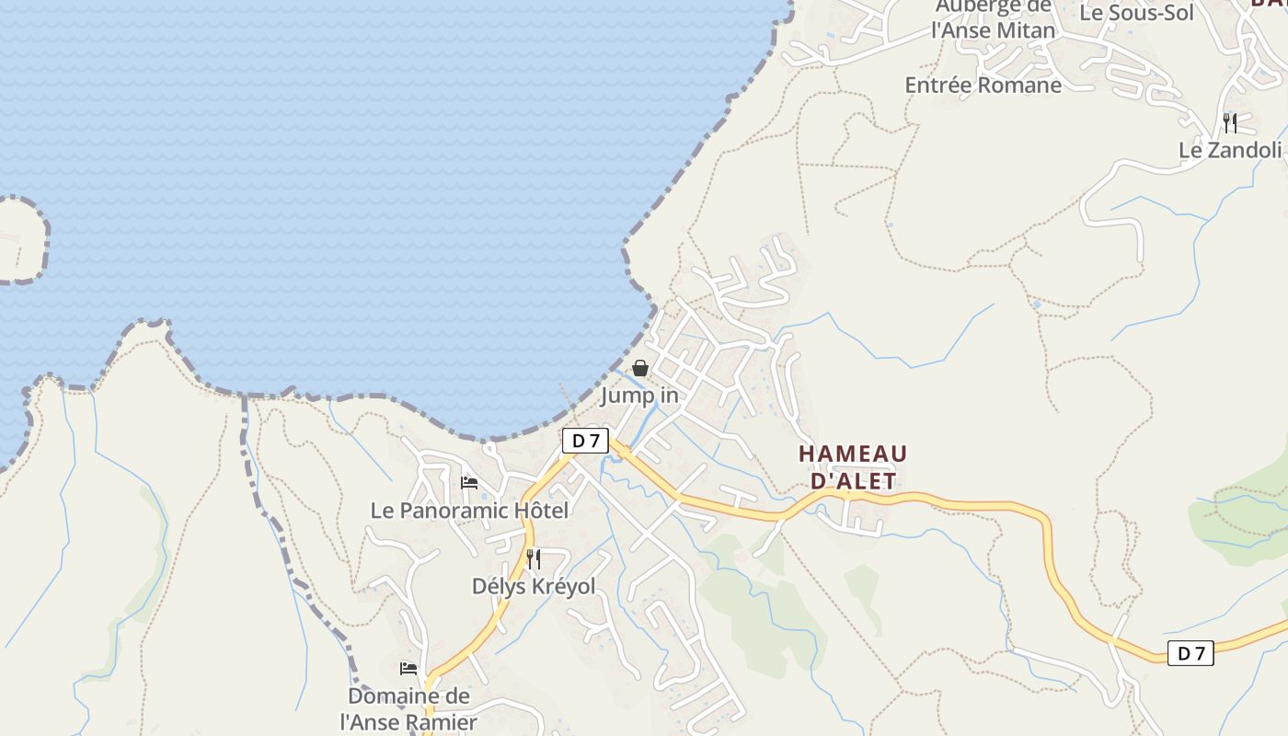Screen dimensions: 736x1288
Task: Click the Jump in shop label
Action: [639, 397]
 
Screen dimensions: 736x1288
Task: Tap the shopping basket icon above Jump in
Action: [640, 369]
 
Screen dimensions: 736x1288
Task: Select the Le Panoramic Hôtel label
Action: [469, 510]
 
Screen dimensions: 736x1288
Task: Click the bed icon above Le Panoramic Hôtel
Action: [469, 482]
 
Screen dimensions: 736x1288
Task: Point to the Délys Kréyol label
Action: [534, 586]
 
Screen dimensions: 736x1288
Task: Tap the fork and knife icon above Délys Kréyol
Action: [534, 558]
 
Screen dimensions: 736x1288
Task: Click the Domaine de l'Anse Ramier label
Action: [408, 708]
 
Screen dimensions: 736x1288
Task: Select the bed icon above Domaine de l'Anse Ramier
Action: [408, 668]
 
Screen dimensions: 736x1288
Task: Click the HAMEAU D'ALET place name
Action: [853, 466]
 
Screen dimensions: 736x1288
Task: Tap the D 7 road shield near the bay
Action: [585, 441]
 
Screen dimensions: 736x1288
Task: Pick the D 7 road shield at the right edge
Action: [1190, 653]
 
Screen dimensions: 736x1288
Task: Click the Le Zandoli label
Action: [1230, 150]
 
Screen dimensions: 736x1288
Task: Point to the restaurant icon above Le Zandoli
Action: [1230, 122]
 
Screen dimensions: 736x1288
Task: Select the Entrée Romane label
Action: [983, 86]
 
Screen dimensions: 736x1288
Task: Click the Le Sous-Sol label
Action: [1136, 13]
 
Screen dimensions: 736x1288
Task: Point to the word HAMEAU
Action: [853, 454]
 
